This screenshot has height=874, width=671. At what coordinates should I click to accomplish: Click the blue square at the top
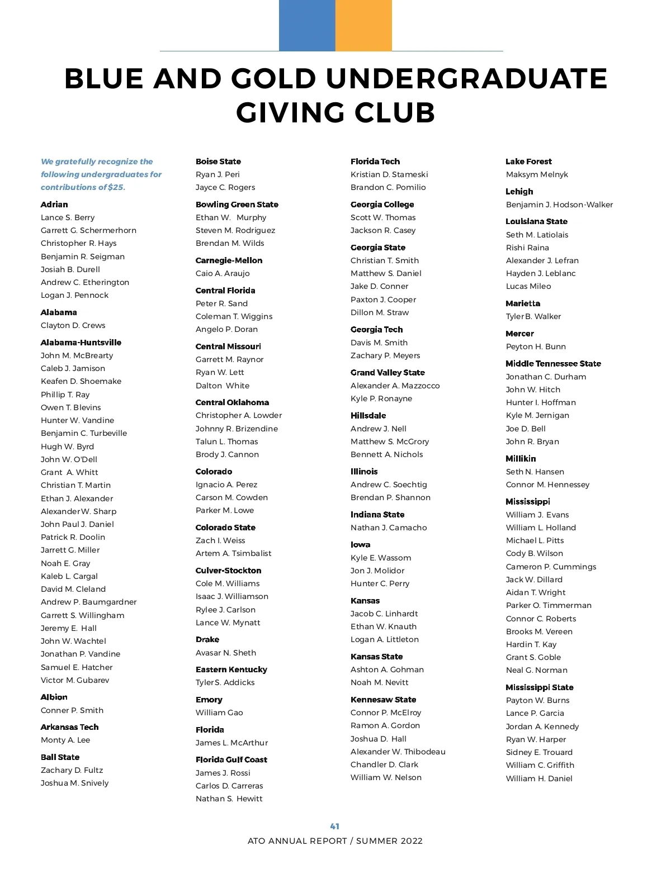click(307, 25)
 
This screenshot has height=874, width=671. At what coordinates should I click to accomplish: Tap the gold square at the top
click(363, 25)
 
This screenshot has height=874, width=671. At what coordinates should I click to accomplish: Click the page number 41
click(335, 826)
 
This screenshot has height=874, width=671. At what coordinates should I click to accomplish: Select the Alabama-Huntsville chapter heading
click(81, 343)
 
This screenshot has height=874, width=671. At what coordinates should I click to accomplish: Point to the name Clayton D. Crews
click(73, 325)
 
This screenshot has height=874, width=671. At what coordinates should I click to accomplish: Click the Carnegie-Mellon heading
click(229, 260)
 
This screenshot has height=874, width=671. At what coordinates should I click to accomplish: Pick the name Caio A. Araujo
click(223, 273)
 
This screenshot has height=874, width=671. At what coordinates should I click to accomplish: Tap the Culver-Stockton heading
click(228, 571)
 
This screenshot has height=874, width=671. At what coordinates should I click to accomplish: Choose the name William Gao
click(219, 712)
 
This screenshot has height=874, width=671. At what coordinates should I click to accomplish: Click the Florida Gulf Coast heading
click(231, 759)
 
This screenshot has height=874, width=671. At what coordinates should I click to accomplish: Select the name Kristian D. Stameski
click(389, 174)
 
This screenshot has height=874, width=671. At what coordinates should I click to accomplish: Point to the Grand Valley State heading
click(388, 373)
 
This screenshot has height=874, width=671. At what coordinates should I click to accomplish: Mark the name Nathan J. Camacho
click(389, 528)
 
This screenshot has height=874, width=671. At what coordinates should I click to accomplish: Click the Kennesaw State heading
click(383, 700)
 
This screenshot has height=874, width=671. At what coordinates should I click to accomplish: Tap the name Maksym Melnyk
click(537, 174)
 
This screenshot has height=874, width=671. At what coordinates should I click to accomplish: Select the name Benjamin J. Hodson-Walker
click(559, 205)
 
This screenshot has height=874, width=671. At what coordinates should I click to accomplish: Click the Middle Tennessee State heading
click(553, 364)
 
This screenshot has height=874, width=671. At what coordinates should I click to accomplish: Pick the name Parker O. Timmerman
click(549, 605)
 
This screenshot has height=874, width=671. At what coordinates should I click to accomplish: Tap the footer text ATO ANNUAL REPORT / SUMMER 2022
click(335, 841)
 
